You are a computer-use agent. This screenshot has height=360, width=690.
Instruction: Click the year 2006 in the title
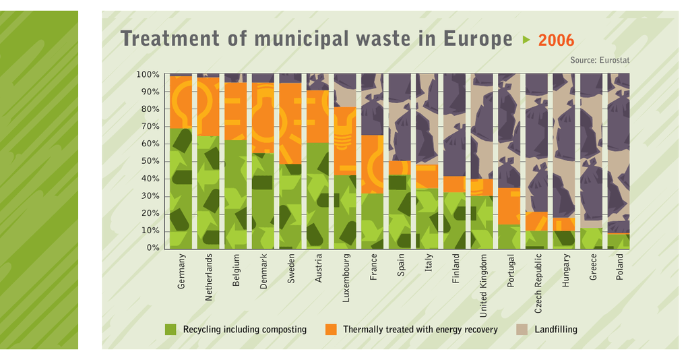click(x=556, y=40)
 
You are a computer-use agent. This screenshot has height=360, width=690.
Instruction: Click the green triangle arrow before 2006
click(x=527, y=40)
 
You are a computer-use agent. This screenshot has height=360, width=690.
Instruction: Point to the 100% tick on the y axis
click(x=148, y=74)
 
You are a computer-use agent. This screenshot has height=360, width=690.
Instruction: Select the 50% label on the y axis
click(x=150, y=161)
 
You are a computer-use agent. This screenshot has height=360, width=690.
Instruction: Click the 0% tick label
click(x=153, y=248)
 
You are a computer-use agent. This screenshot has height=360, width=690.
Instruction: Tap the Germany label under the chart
click(x=181, y=272)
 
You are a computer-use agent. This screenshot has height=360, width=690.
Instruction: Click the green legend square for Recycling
click(x=170, y=330)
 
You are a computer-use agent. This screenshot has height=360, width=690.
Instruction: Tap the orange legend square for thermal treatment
click(x=330, y=330)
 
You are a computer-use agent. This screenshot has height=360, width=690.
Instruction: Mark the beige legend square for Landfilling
click(x=522, y=330)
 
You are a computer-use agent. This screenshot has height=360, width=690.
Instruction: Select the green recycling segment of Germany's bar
click(x=181, y=189)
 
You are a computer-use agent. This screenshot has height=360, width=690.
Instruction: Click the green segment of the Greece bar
click(x=591, y=238)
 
